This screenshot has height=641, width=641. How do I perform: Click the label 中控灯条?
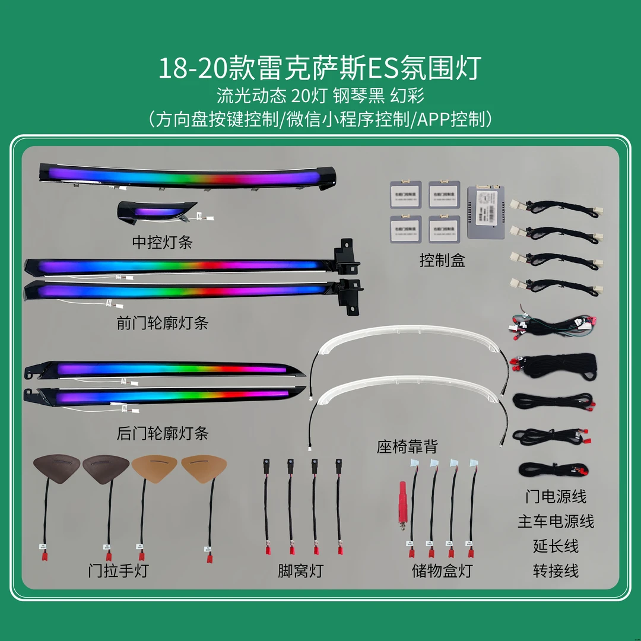pos(161,242)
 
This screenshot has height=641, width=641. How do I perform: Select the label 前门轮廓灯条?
pos(162,323)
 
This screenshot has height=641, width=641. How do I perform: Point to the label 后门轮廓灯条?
pos(162,433)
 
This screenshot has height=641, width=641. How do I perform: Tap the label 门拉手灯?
pos(118,570)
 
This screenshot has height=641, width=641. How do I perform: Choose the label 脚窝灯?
pos(300,570)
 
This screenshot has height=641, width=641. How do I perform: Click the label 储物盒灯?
pos(442,570)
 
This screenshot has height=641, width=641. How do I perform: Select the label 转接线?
pos(556,570)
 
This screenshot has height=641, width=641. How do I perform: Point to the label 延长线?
pos(556,545)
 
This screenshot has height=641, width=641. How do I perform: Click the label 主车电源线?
pos(556,521)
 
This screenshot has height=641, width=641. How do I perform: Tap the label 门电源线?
pos(556,496)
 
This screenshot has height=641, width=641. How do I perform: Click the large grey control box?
pos(486,211)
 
